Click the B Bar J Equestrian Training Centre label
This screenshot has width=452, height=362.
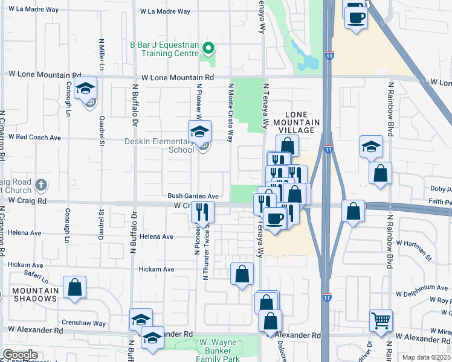(164, 49)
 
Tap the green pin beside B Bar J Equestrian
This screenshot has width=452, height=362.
(208, 48)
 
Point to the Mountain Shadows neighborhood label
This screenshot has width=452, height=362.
(35, 296)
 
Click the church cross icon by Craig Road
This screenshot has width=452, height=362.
(41, 184)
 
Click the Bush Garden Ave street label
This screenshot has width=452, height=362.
(193, 196)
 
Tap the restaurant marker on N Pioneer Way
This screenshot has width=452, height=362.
(202, 212)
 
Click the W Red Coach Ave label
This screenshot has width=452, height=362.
(34, 138)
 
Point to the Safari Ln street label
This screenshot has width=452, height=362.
(36, 276)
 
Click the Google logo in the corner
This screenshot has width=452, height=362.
(20, 355)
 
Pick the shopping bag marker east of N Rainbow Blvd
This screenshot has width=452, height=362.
(381, 173)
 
